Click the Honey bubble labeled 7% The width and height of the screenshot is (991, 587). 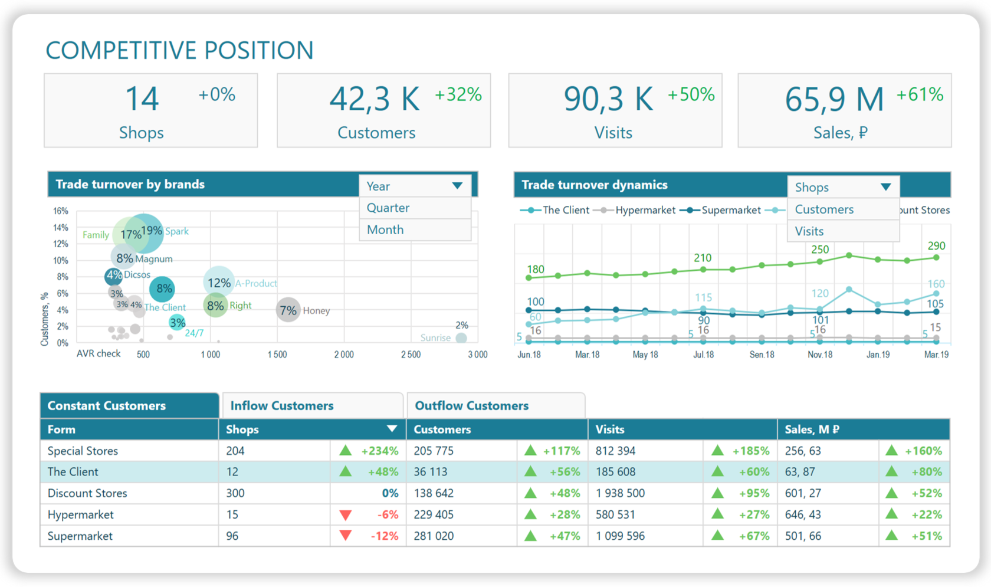click(x=288, y=310)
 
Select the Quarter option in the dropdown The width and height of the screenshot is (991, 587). click(x=388, y=208)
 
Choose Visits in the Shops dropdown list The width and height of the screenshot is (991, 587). click(x=809, y=231)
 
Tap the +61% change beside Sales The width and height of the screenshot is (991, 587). click(x=919, y=94)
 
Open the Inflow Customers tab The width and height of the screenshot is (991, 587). click(x=282, y=406)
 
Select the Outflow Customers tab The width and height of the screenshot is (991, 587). click(x=471, y=406)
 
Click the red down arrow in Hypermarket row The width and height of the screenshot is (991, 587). click(x=346, y=515)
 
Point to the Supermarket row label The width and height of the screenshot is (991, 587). click(x=80, y=536)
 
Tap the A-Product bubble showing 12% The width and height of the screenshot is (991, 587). click(x=218, y=283)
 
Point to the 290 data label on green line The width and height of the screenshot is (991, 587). click(x=936, y=245)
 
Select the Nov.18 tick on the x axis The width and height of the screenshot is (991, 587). click(x=819, y=355)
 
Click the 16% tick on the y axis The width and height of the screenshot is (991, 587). click(x=61, y=211)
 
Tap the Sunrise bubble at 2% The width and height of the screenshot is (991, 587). click(x=461, y=338)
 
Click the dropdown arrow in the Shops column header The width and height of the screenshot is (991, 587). click(x=392, y=429)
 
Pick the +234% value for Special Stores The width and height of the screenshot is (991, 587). click(x=379, y=451)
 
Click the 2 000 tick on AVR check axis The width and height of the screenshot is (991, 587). click(x=344, y=355)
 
